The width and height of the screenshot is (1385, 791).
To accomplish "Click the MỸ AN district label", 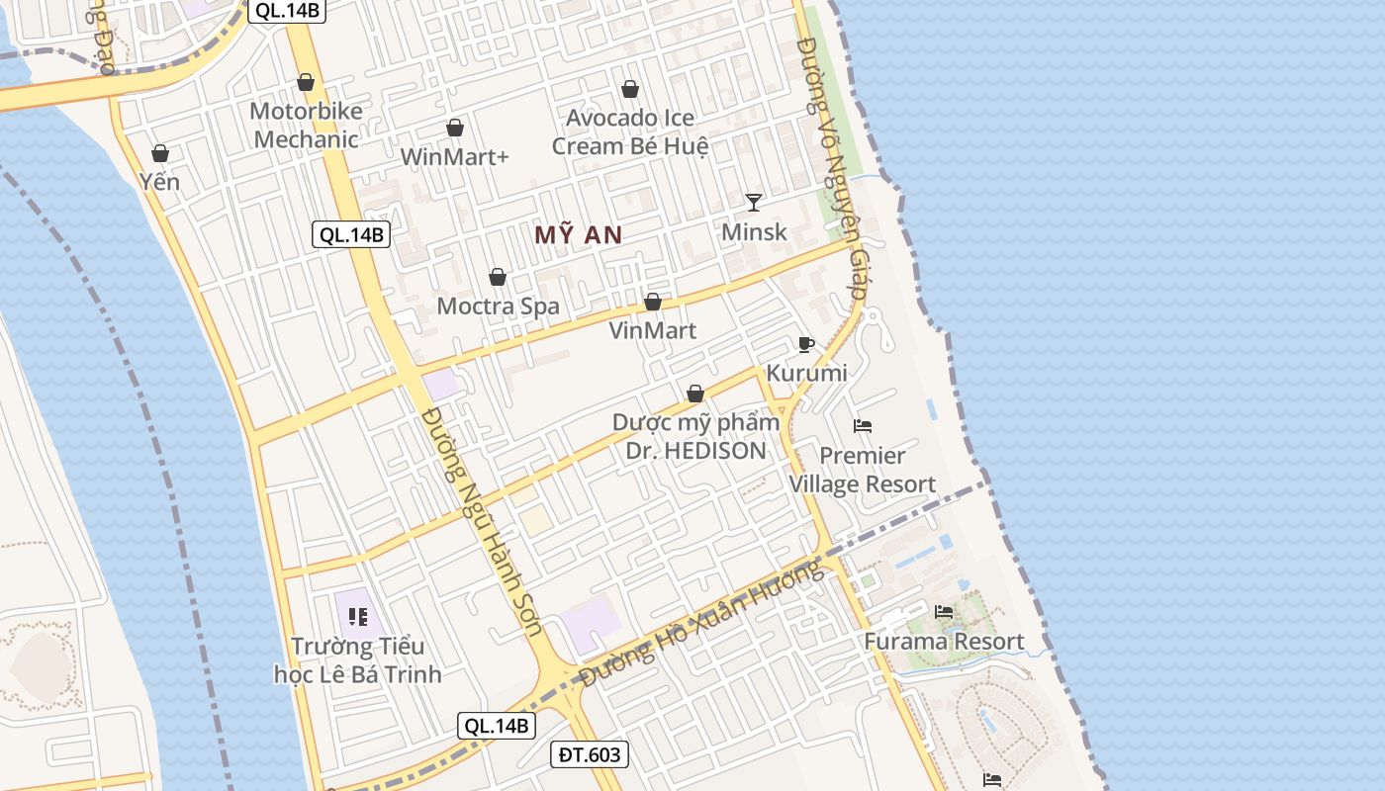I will click(x=578, y=234).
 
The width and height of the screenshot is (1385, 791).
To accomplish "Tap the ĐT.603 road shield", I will click(x=590, y=755).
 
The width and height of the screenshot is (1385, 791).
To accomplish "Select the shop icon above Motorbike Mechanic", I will click(x=306, y=82).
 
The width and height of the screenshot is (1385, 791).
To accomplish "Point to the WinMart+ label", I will click(x=454, y=156).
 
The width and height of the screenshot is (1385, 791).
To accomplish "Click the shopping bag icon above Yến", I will click(x=159, y=153).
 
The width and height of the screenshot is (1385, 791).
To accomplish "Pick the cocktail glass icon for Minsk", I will click(x=754, y=203).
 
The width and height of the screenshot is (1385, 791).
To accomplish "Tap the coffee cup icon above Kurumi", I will click(x=806, y=344).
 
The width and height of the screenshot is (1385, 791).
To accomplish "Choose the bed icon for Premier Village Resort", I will click(x=863, y=426).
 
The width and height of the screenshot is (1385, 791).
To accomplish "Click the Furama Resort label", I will click(x=944, y=641).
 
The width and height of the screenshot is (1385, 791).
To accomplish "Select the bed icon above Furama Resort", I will click(x=944, y=612).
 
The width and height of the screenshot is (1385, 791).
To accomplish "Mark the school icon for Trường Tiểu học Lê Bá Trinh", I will click(x=358, y=618).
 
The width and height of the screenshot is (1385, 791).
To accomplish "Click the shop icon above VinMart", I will click(x=653, y=302).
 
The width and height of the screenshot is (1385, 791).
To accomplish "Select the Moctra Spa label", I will click(x=498, y=306).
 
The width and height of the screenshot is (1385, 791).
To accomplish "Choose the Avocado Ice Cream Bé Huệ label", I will click(x=630, y=132).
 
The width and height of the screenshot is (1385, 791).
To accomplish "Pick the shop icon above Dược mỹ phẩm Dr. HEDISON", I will click(x=695, y=394).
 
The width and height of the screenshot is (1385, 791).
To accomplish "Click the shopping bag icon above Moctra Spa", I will click(x=498, y=277).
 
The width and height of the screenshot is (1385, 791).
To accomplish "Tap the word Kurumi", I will click(x=806, y=373).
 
